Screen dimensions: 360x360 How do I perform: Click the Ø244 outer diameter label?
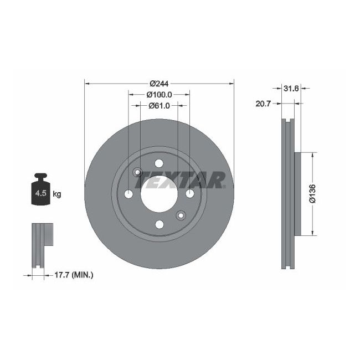[x=159, y=84]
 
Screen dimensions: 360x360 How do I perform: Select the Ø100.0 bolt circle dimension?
[x=159, y=95]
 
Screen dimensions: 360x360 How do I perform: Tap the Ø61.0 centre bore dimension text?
[x=159, y=105]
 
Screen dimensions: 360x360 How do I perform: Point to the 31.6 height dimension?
[x=291, y=88]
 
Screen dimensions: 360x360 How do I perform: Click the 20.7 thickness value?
[x=263, y=104]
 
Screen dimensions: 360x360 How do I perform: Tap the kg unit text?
[x=56, y=194]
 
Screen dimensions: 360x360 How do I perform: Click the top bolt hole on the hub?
[x=159, y=163]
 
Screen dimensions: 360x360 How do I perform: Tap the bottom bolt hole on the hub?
[x=159, y=224]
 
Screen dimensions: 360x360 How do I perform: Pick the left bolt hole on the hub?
[x=128, y=194]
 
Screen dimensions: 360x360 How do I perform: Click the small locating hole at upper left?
[x=138, y=172]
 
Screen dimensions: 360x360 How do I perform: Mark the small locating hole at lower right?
[x=180, y=215]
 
